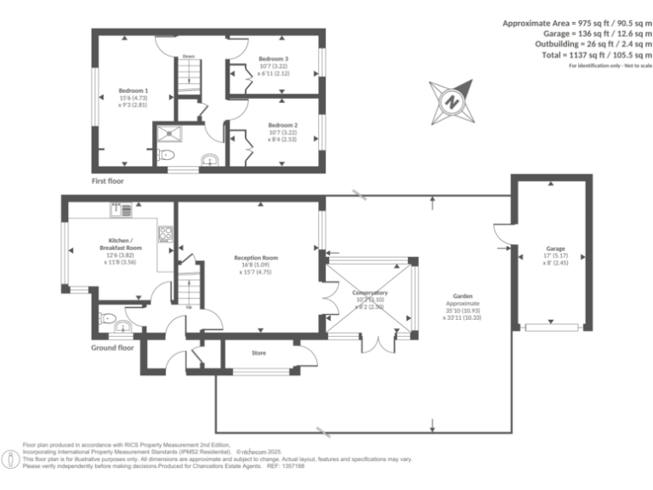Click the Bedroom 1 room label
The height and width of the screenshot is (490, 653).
[133, 90]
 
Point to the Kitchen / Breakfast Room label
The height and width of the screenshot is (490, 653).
[120, 243]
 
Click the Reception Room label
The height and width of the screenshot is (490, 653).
[256, 258]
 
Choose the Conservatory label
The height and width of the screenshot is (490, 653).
[370, 293]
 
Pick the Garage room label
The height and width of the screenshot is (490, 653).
[555, 249]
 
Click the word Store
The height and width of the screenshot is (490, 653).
[259, 351]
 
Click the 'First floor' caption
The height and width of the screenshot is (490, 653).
[112, 181]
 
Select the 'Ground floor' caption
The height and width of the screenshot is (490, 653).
[113, 348]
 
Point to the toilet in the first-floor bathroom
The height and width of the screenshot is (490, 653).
[166, 155]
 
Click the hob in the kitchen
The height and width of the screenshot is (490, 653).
[165, 233]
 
